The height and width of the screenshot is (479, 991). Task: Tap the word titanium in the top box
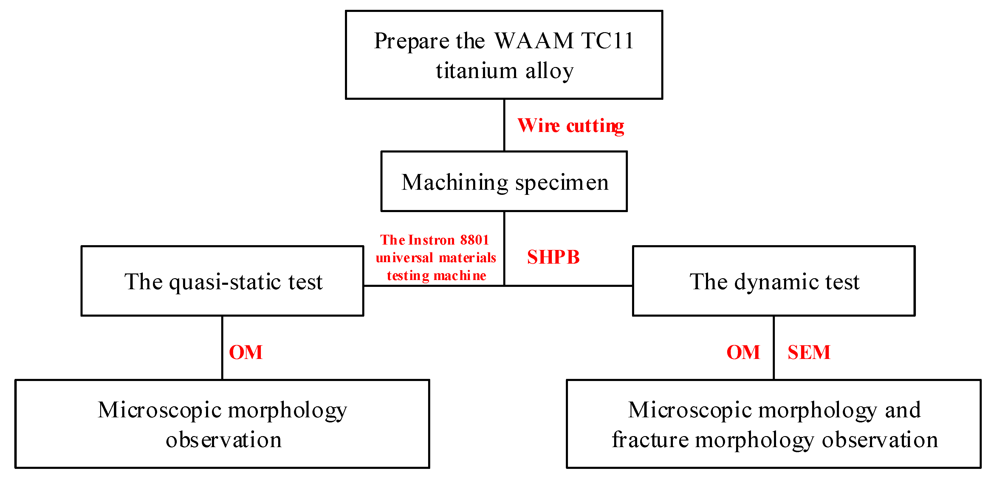point(476,71)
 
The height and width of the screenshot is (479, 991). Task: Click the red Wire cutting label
point(571,126)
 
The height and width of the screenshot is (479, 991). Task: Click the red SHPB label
point(553,257)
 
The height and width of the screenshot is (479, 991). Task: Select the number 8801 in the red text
point(474,240)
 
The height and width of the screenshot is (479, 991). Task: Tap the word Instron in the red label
point(431,240)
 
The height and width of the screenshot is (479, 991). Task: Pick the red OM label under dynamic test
point(743,352)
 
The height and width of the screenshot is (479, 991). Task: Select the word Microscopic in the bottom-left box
point(160,410)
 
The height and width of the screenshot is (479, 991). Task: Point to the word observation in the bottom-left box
point(224,439)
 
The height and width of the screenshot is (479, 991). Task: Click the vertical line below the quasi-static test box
point(222,348)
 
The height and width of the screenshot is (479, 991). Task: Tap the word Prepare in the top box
point(411,41)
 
